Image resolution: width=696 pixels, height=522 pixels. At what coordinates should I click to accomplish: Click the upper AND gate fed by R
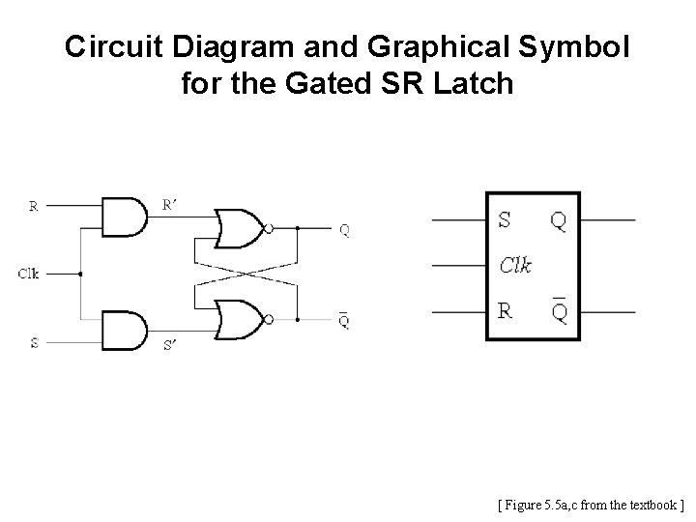click(124, 217)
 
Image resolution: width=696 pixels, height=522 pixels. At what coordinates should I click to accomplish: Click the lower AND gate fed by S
click(124, 331)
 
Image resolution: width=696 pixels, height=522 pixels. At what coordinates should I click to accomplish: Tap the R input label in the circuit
click(34, 205)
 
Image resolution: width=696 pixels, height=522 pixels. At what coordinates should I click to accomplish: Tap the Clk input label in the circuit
click(29, 274)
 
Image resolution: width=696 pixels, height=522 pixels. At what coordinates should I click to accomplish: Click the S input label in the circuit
click(34, 342)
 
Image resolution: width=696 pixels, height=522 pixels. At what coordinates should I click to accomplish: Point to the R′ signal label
click(170, 204)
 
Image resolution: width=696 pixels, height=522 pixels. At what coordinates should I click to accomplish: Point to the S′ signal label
click(170, 345)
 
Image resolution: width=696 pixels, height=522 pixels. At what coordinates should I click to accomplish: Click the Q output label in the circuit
click(345, 230)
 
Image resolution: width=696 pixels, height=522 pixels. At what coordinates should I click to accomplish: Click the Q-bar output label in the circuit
click(345, 319)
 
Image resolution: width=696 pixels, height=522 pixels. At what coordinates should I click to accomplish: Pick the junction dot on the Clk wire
click(80, 274)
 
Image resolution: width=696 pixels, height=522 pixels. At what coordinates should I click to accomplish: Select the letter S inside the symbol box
click(505, 220)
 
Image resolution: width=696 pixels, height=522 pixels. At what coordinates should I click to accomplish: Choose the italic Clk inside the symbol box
click(516, 265)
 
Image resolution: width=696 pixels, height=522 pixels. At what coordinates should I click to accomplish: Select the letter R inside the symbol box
click(506, 311)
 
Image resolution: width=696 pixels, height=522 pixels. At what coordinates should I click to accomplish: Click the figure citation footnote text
click(590, 504)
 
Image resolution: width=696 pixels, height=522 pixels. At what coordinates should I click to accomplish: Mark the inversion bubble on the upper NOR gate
click(270, 229)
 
